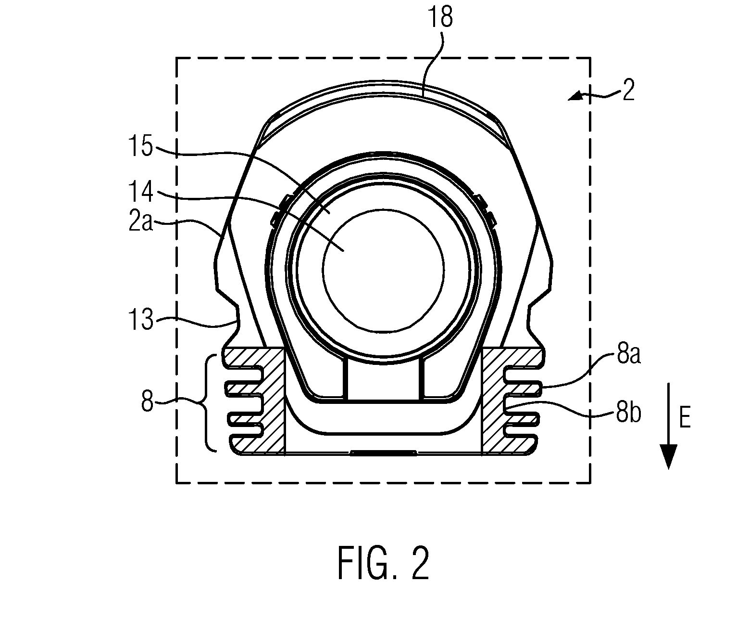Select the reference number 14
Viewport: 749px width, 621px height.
[141, 192]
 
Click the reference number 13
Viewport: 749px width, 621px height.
[141, 319]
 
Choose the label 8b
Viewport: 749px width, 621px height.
[629, 414]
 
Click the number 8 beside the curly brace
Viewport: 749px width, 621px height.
[148, 401]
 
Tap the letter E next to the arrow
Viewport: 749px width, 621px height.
[685, 418]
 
